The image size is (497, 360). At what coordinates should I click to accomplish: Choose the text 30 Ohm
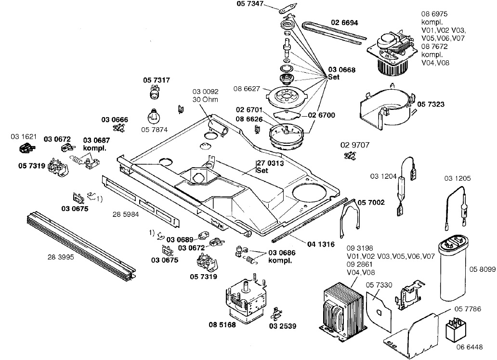point(205,99)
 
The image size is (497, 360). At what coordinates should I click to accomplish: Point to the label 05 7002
point(371,202)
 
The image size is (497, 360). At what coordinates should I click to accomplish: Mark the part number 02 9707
point(354,145)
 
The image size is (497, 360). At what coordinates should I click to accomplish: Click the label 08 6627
point(248,89)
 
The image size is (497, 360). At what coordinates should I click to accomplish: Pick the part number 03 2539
point(283,326)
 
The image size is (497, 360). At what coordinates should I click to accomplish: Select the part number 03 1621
point(23,137)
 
